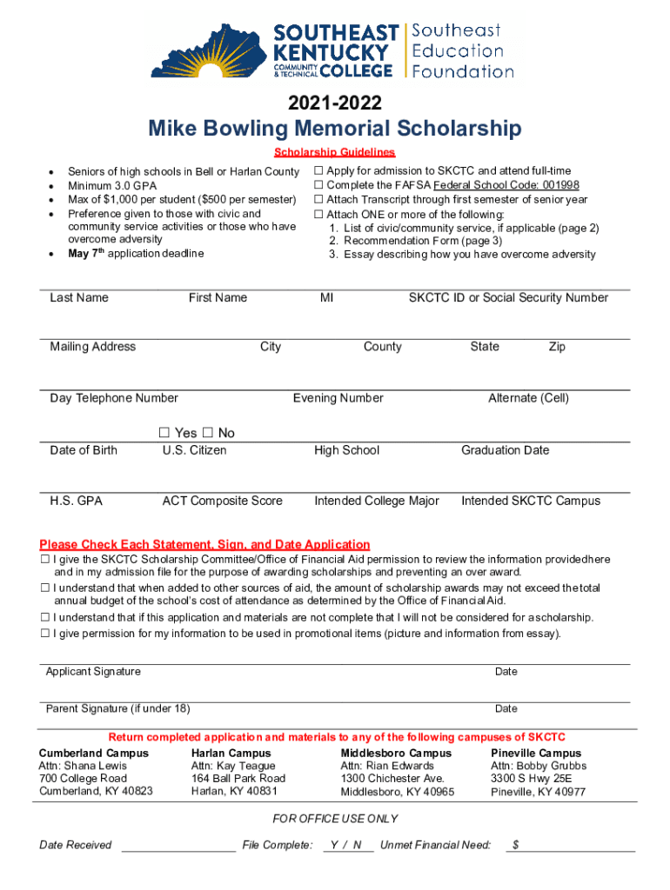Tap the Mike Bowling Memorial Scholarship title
point(334,130)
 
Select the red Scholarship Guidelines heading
point(335,152)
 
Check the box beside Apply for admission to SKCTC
point(318,171)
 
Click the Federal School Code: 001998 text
point(506,185)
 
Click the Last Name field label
point(79,298)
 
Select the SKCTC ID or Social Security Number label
point(508,298)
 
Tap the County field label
point(382,347)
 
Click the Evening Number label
point(338,398)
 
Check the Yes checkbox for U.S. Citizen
point(164,433)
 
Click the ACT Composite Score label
point(222,501)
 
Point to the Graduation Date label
point(505,450)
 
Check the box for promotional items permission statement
point(44,634)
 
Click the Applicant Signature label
point(93,672)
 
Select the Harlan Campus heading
point(231,753)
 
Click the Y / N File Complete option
point(347,845)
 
